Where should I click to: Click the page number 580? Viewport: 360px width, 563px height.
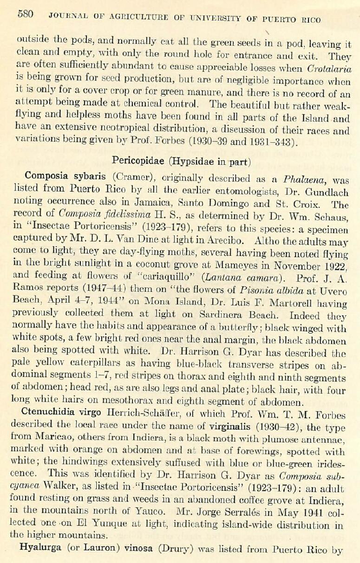(25, 14)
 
